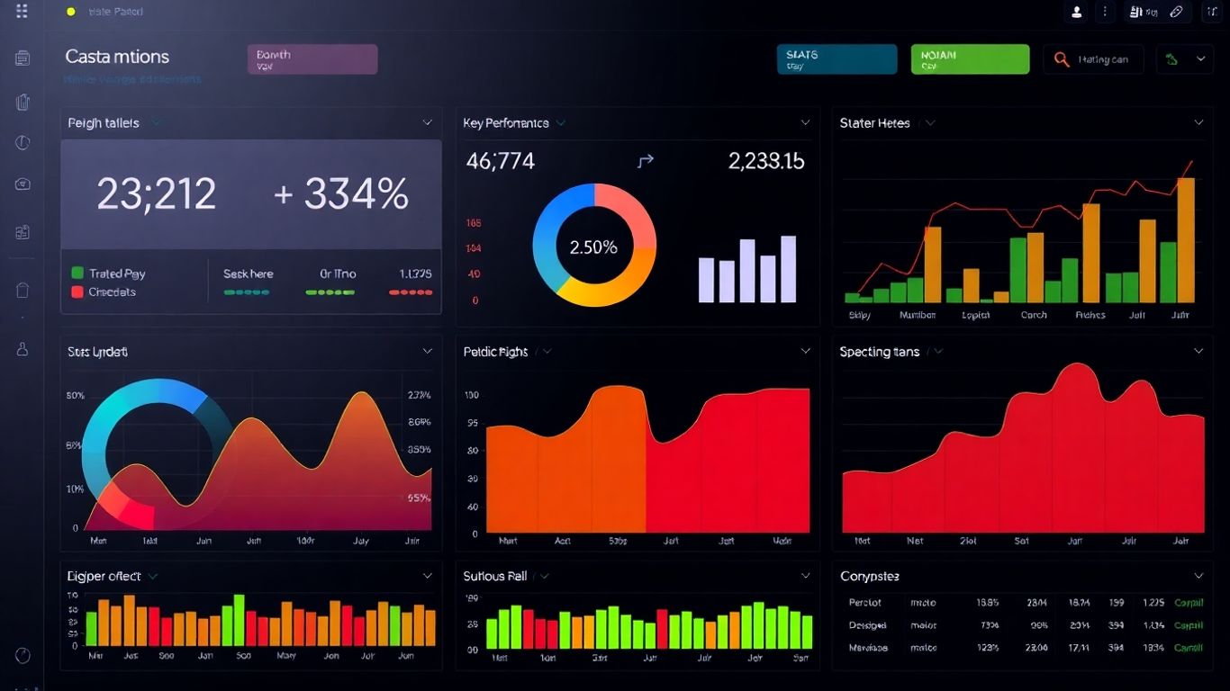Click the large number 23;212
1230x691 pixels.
click(157, 193)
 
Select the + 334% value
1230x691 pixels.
click(342, 193)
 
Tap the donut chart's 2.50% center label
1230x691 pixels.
click(594, 247)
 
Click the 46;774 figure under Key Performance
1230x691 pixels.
click(501, 161)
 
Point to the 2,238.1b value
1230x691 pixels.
click(766, 161)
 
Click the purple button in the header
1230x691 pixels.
click(312, 59)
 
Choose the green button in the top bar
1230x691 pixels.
click(970, 59)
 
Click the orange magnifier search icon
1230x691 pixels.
click(1062, 59)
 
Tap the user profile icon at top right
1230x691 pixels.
click(1076, 12)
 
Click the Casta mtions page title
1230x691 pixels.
click(117, 57)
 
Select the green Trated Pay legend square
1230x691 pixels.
click(77, 273)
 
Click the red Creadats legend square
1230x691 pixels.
click(77, 292)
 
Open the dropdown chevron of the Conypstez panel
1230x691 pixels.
click(1198, 576)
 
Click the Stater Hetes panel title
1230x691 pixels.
click(874, 123)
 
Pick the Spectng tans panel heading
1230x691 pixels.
click(880, 352)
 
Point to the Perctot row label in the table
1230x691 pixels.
click(865, 603)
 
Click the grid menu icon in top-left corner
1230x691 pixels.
click(22, 11)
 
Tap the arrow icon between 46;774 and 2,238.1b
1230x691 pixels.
click(645, 161)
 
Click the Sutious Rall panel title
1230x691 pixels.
click(495, 576)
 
